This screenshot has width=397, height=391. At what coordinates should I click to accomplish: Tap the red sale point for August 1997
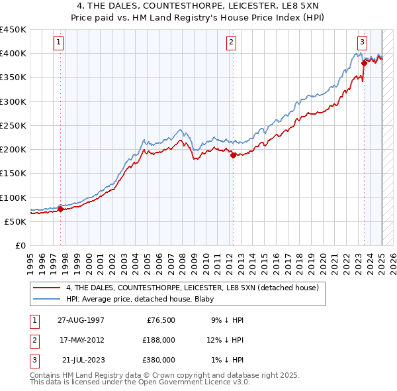click(x=60, y=209)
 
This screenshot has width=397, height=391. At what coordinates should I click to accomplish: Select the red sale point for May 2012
click(x=233, y=156)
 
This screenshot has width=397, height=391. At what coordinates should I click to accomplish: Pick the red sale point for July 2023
click(x=364, y=64)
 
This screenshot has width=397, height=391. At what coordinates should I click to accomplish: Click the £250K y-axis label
click(x=13, y=125)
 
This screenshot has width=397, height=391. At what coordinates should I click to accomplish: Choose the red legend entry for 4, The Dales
click(x=193, y=288)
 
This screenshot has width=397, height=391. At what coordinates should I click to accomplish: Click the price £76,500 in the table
click(x=161, y=320)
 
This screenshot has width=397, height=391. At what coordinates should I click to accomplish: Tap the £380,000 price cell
click(x=159, y=360)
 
